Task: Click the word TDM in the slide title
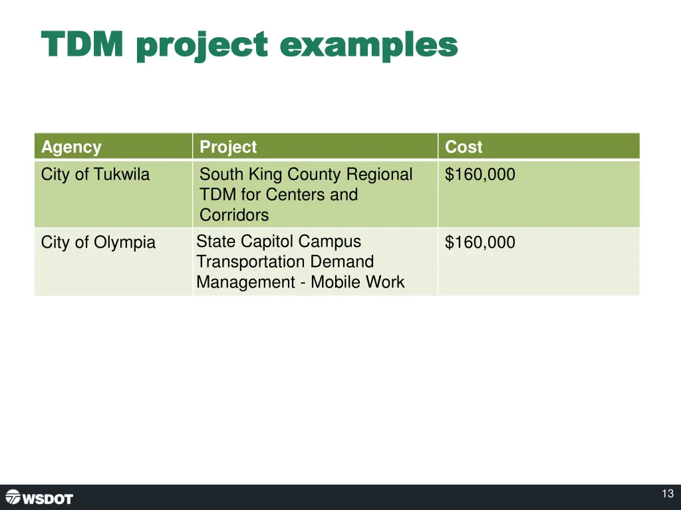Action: pyautogui.click(x=82, y=45)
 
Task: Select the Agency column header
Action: pyautogui.click(x=71, y=147)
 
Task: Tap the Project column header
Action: pyautogui.click(x=228, y=147)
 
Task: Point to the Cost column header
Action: pyautogui.click(x=464, y=147)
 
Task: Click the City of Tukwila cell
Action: pyautogui.click(x=95, y=175)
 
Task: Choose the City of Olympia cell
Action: pyautogui.click(x=98, y=242)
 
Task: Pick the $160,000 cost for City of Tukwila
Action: pyautogui.click(x=479, y=175)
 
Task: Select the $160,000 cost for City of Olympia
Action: pyautogui.click(x=479, y=242)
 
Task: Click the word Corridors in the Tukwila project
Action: pyautogui.click(x=234, y=215)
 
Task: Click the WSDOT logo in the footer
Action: pyautogui.click(x=39, y=497)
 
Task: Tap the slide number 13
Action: pyautogui.click(x=668, y=494)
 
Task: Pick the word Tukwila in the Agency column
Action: pyautogui.click(x=122, y=175)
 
